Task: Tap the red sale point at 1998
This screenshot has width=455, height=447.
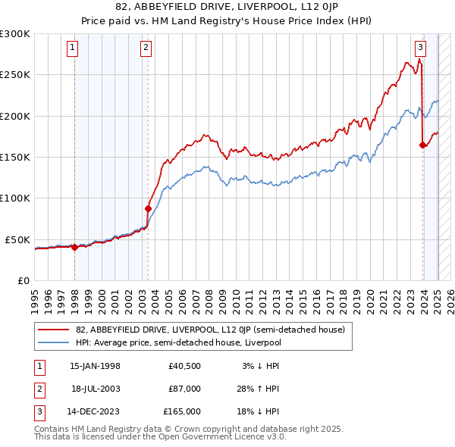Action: pyautogui.click(x=74, y=247)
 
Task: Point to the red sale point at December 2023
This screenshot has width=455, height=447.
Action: pyautogui.click(x=422, y=145)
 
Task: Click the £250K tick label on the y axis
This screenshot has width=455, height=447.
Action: pyautogui.click(x=15, y=75)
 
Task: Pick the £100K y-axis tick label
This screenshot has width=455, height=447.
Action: pyautogui.click(x=15, y=198)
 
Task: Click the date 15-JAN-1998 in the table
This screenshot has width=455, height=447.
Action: pyautogui.click(x=95, y=366)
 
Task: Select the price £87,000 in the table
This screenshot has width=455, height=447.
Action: pyautogui.click(x=184, y=389)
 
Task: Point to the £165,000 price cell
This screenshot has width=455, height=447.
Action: pyautogui.click(x=182, y=411)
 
